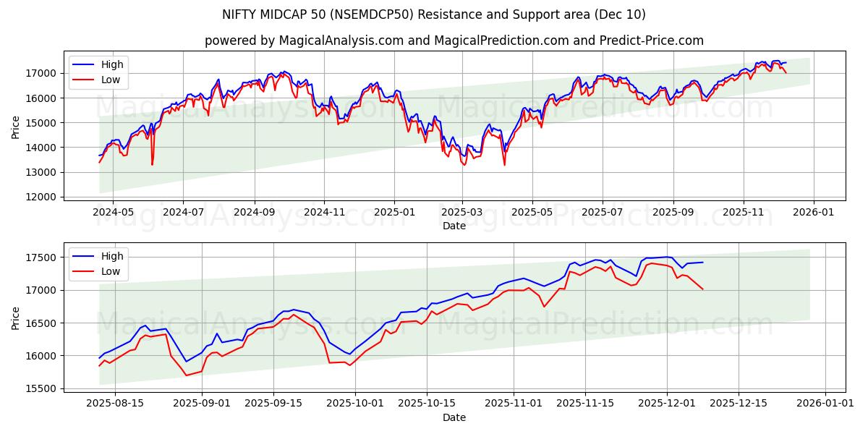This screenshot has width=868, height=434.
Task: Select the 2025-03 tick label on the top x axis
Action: (462, 212)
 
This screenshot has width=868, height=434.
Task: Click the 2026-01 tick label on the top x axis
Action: (814, 212)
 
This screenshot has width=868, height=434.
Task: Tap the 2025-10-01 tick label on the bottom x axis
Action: (355, 404)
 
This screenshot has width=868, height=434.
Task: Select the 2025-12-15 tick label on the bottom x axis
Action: (739, 404)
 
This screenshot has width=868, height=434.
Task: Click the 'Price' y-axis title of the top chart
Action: (16, 127)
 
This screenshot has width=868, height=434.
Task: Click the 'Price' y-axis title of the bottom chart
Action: (16, 318)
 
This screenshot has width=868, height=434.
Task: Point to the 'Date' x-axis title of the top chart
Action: (454, 226)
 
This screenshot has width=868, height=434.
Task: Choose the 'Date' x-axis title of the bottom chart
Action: (454, 417)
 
